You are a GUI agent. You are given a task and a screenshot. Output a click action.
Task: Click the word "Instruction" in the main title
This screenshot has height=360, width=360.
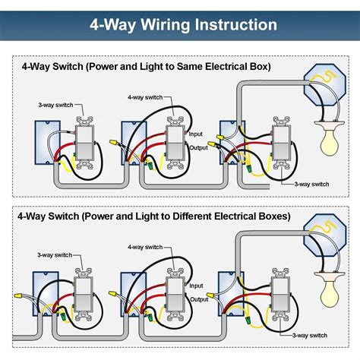point(228,25)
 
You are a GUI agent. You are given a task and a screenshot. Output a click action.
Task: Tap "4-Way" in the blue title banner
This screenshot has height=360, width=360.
point(106,25)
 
